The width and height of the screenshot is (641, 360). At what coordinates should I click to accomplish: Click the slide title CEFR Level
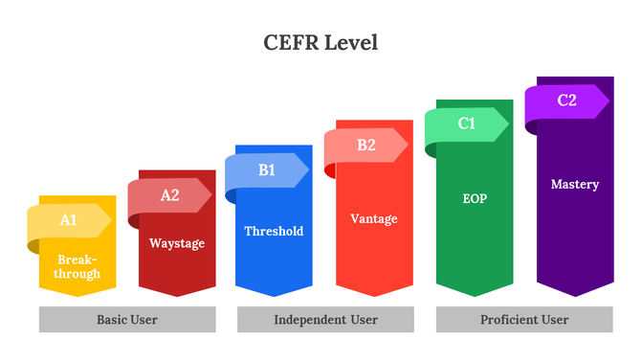tap(320, 43)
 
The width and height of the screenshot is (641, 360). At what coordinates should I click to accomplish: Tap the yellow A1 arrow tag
tap(69, 220)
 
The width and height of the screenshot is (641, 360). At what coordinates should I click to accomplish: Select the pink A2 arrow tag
tap(169, 195)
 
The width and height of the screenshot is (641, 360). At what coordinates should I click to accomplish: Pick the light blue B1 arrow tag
tap(267, 170)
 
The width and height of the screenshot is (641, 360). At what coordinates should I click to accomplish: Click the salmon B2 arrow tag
tap(366, 146)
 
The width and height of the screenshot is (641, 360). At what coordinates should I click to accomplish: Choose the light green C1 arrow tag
tap(467, 124)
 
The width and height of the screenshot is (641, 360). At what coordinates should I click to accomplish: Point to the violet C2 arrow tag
tap(566, 100)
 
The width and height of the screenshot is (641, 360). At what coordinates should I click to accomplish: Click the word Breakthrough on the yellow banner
tap(77, 267)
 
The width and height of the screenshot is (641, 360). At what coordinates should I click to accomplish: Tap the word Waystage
tap(177, 243)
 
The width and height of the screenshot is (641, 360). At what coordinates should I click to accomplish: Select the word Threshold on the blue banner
tap(274, 231)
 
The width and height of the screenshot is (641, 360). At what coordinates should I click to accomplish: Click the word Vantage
tap(374, 218)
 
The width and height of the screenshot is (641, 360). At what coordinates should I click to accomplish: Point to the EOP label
tap(475, 199)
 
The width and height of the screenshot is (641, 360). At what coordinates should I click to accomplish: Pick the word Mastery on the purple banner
tap(575, 184)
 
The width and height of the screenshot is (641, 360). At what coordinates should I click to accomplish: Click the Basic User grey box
tap(127, 320)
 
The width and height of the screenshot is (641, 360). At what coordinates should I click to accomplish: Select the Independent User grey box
tap(325, 320)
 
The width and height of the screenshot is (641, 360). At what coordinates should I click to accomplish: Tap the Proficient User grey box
tap(524, 320)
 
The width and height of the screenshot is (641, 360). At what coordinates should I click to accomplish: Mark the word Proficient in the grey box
tap(508, 320)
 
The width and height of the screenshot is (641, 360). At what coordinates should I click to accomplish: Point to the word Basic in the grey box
tap(113, 320)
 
